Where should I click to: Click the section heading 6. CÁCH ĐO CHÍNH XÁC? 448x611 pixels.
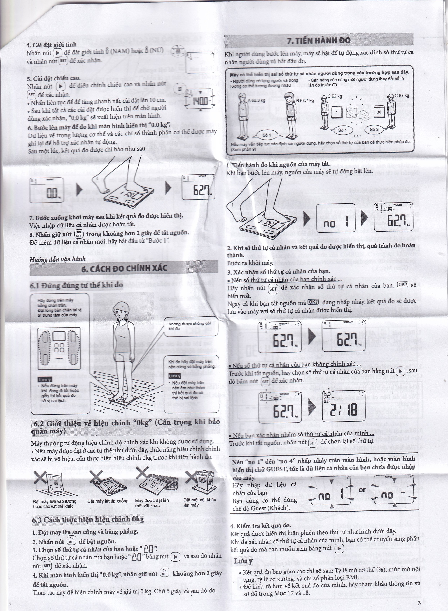pos(124,269)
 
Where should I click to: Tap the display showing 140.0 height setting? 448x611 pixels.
pos(200,101)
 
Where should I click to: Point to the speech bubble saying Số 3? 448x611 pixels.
pos(374,130)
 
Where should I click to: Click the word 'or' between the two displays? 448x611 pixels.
pos(362,490)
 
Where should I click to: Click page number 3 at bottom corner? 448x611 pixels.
pos(419,601)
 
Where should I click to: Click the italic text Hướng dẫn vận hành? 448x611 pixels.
pos(58,259)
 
